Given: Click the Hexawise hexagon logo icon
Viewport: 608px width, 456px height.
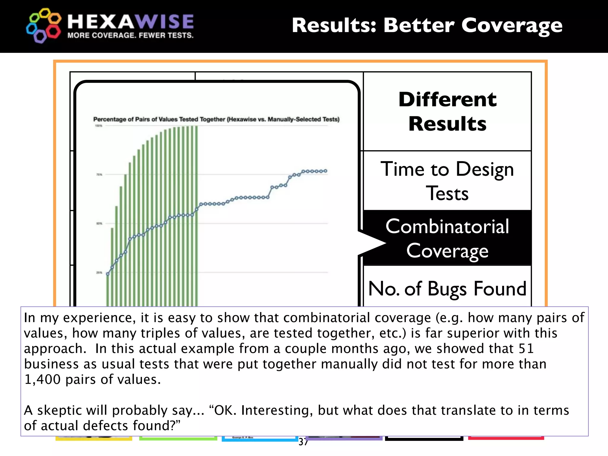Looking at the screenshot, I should [44, 26].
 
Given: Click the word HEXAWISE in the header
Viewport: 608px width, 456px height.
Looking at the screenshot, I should [130, 22].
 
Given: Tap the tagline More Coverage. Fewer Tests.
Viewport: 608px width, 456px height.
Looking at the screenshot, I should [130, 36].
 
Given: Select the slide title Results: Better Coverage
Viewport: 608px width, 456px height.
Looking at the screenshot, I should [427, 26].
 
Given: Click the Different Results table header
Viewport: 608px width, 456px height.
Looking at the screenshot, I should [447, 111].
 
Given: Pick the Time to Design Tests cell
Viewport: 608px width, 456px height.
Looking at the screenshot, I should [447, 181].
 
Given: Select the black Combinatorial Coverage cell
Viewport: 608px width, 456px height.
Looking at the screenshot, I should [447, 238].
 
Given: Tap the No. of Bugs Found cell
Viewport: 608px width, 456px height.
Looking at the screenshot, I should [447, 289].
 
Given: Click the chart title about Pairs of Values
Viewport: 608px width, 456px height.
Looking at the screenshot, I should [216, 119].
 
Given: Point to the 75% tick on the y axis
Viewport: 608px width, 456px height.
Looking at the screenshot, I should [99, 175].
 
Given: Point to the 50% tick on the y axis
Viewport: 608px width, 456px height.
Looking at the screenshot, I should [99, 223].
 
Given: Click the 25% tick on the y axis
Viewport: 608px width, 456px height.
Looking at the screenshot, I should [99, 272].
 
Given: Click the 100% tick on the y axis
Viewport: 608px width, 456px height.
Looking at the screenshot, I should [99, 126].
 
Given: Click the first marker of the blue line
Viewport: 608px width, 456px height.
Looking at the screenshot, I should [108, 274].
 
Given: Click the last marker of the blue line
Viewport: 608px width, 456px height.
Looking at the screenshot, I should [326, 171].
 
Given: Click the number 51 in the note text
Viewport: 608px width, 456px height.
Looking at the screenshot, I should [526, 349].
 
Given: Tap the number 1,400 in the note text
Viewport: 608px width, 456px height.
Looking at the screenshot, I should [42, 379].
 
